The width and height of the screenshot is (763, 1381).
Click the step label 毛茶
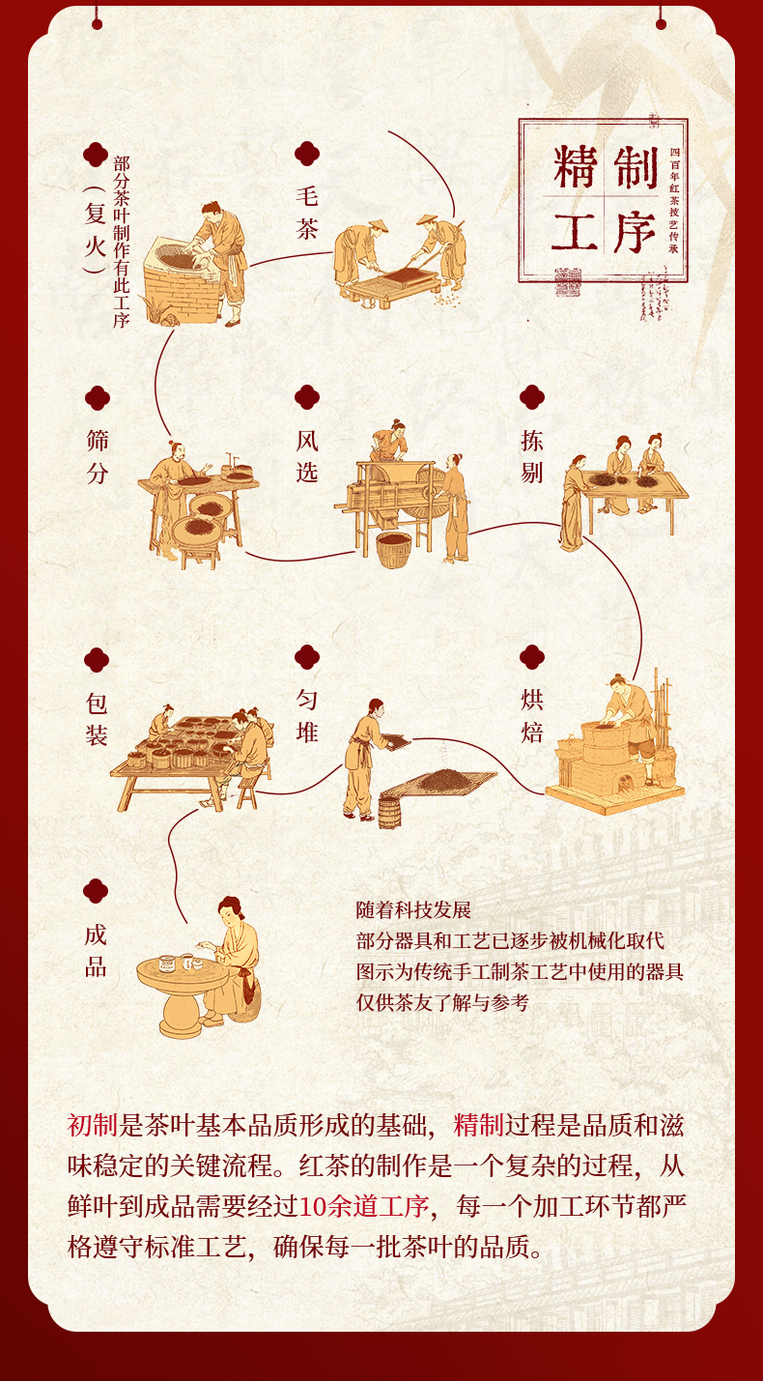(307, 214)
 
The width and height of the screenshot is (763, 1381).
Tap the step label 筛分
(97, 457)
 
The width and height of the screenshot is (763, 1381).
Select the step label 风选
(307, 457)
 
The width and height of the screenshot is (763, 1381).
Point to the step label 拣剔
(532, 457)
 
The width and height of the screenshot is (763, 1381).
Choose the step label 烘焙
(532, 716)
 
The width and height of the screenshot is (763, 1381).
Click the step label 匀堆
(307, 716)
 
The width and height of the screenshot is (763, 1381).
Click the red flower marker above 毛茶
(307, 154)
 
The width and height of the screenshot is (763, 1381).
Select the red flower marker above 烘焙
(532, 658)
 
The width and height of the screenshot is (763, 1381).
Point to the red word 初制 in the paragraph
(92, 1124)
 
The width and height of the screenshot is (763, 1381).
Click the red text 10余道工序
(363, 1206)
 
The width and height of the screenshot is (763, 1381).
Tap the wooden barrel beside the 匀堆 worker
(388, 811)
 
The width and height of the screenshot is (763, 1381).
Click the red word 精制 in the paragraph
(478, 1124)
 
